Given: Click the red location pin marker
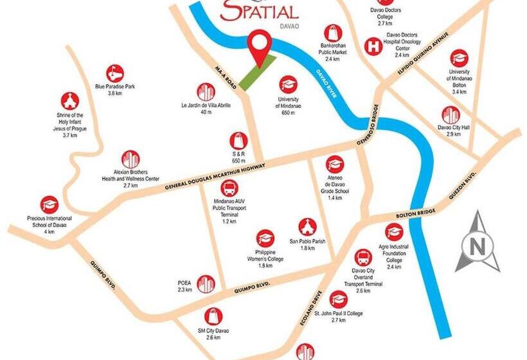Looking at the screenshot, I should [x=260, y=45].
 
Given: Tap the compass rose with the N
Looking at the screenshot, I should [x=478, y=242].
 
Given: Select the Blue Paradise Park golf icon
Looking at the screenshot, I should [x=114, y=73].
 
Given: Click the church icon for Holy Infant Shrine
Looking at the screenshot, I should [x=70, y=101].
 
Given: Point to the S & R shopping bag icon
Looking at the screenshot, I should [x=238, y=141].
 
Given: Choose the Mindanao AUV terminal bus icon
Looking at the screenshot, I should [x=229, y=189].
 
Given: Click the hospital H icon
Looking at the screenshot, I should [x=371, y=46].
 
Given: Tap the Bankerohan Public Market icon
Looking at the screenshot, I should [x=332, y=33].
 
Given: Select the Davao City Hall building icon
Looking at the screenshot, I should [x=451, y=115].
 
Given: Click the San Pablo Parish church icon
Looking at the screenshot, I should [x=307, y=227].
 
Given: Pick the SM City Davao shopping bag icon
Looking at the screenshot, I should [x=213, y=316].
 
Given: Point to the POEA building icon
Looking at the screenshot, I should [x=206, y=283].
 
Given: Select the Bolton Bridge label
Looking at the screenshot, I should [x=416, y=214].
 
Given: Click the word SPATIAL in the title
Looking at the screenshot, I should [x=260, y=12].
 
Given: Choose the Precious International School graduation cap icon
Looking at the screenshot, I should [x=49, y=205].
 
